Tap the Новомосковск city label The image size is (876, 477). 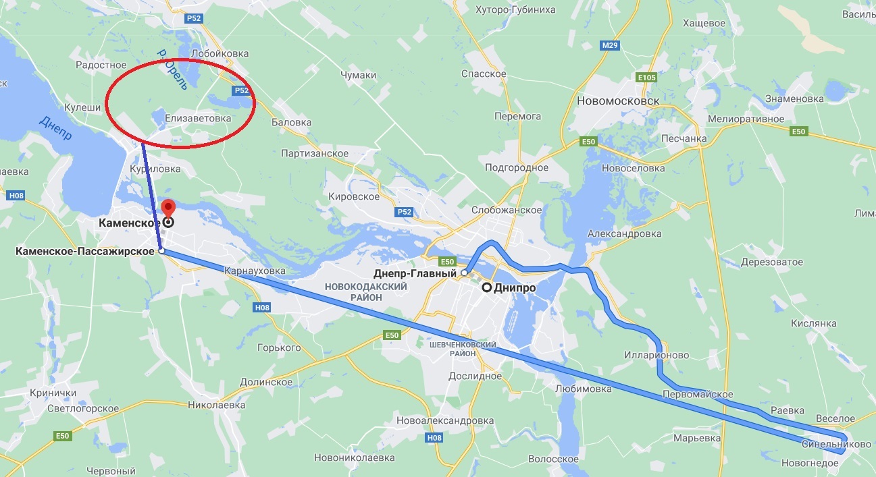click(x=618, y=101)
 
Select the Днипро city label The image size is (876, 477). click(x=514, y=287)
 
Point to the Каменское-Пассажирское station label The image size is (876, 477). click(x=85, y=252)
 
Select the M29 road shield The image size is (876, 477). click(x=609, y=45)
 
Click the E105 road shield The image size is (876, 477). click(x=646, y=78)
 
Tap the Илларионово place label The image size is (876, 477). click(x=656, y=355)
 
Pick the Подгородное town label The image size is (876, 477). click(x=517, y=167)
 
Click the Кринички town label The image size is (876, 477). click(x=52, y=393)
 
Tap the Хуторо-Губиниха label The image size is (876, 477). click(x=515, y=9)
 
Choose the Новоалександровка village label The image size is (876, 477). click(x=446, y=420)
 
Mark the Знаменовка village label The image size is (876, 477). click(x=794, y=99)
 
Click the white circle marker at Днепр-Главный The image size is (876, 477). click(x=465, y=273)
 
